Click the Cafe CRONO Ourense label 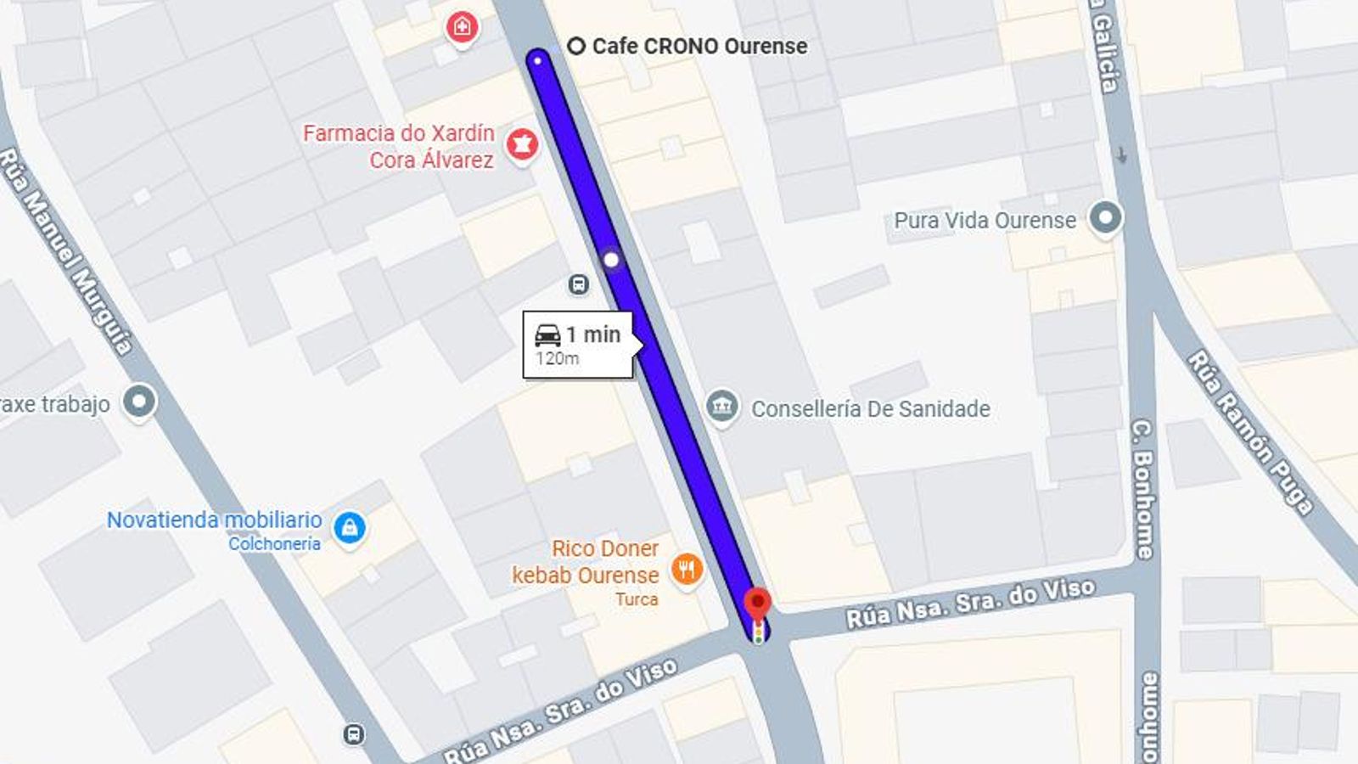pos(699,46)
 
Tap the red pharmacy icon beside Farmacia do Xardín pos(522,145)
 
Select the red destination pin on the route pos(757,604)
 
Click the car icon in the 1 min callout pos(548,334)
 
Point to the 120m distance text pos(558,359)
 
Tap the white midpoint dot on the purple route pos(611,260)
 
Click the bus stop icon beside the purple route pos(578,284)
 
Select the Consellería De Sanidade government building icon pos(722,406)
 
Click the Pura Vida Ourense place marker pos(1105,218)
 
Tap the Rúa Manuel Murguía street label pos(66,250)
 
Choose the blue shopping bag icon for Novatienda pos(349,528)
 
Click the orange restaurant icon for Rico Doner pos(687,568)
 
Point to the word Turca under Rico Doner pos(637,599)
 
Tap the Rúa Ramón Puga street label pos(1249,432)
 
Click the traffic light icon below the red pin pos(758,632)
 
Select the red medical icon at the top pos(462,27)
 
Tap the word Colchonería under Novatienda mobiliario pos(274,544)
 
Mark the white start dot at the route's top pos(537,60)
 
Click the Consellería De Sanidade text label pos(870,409)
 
